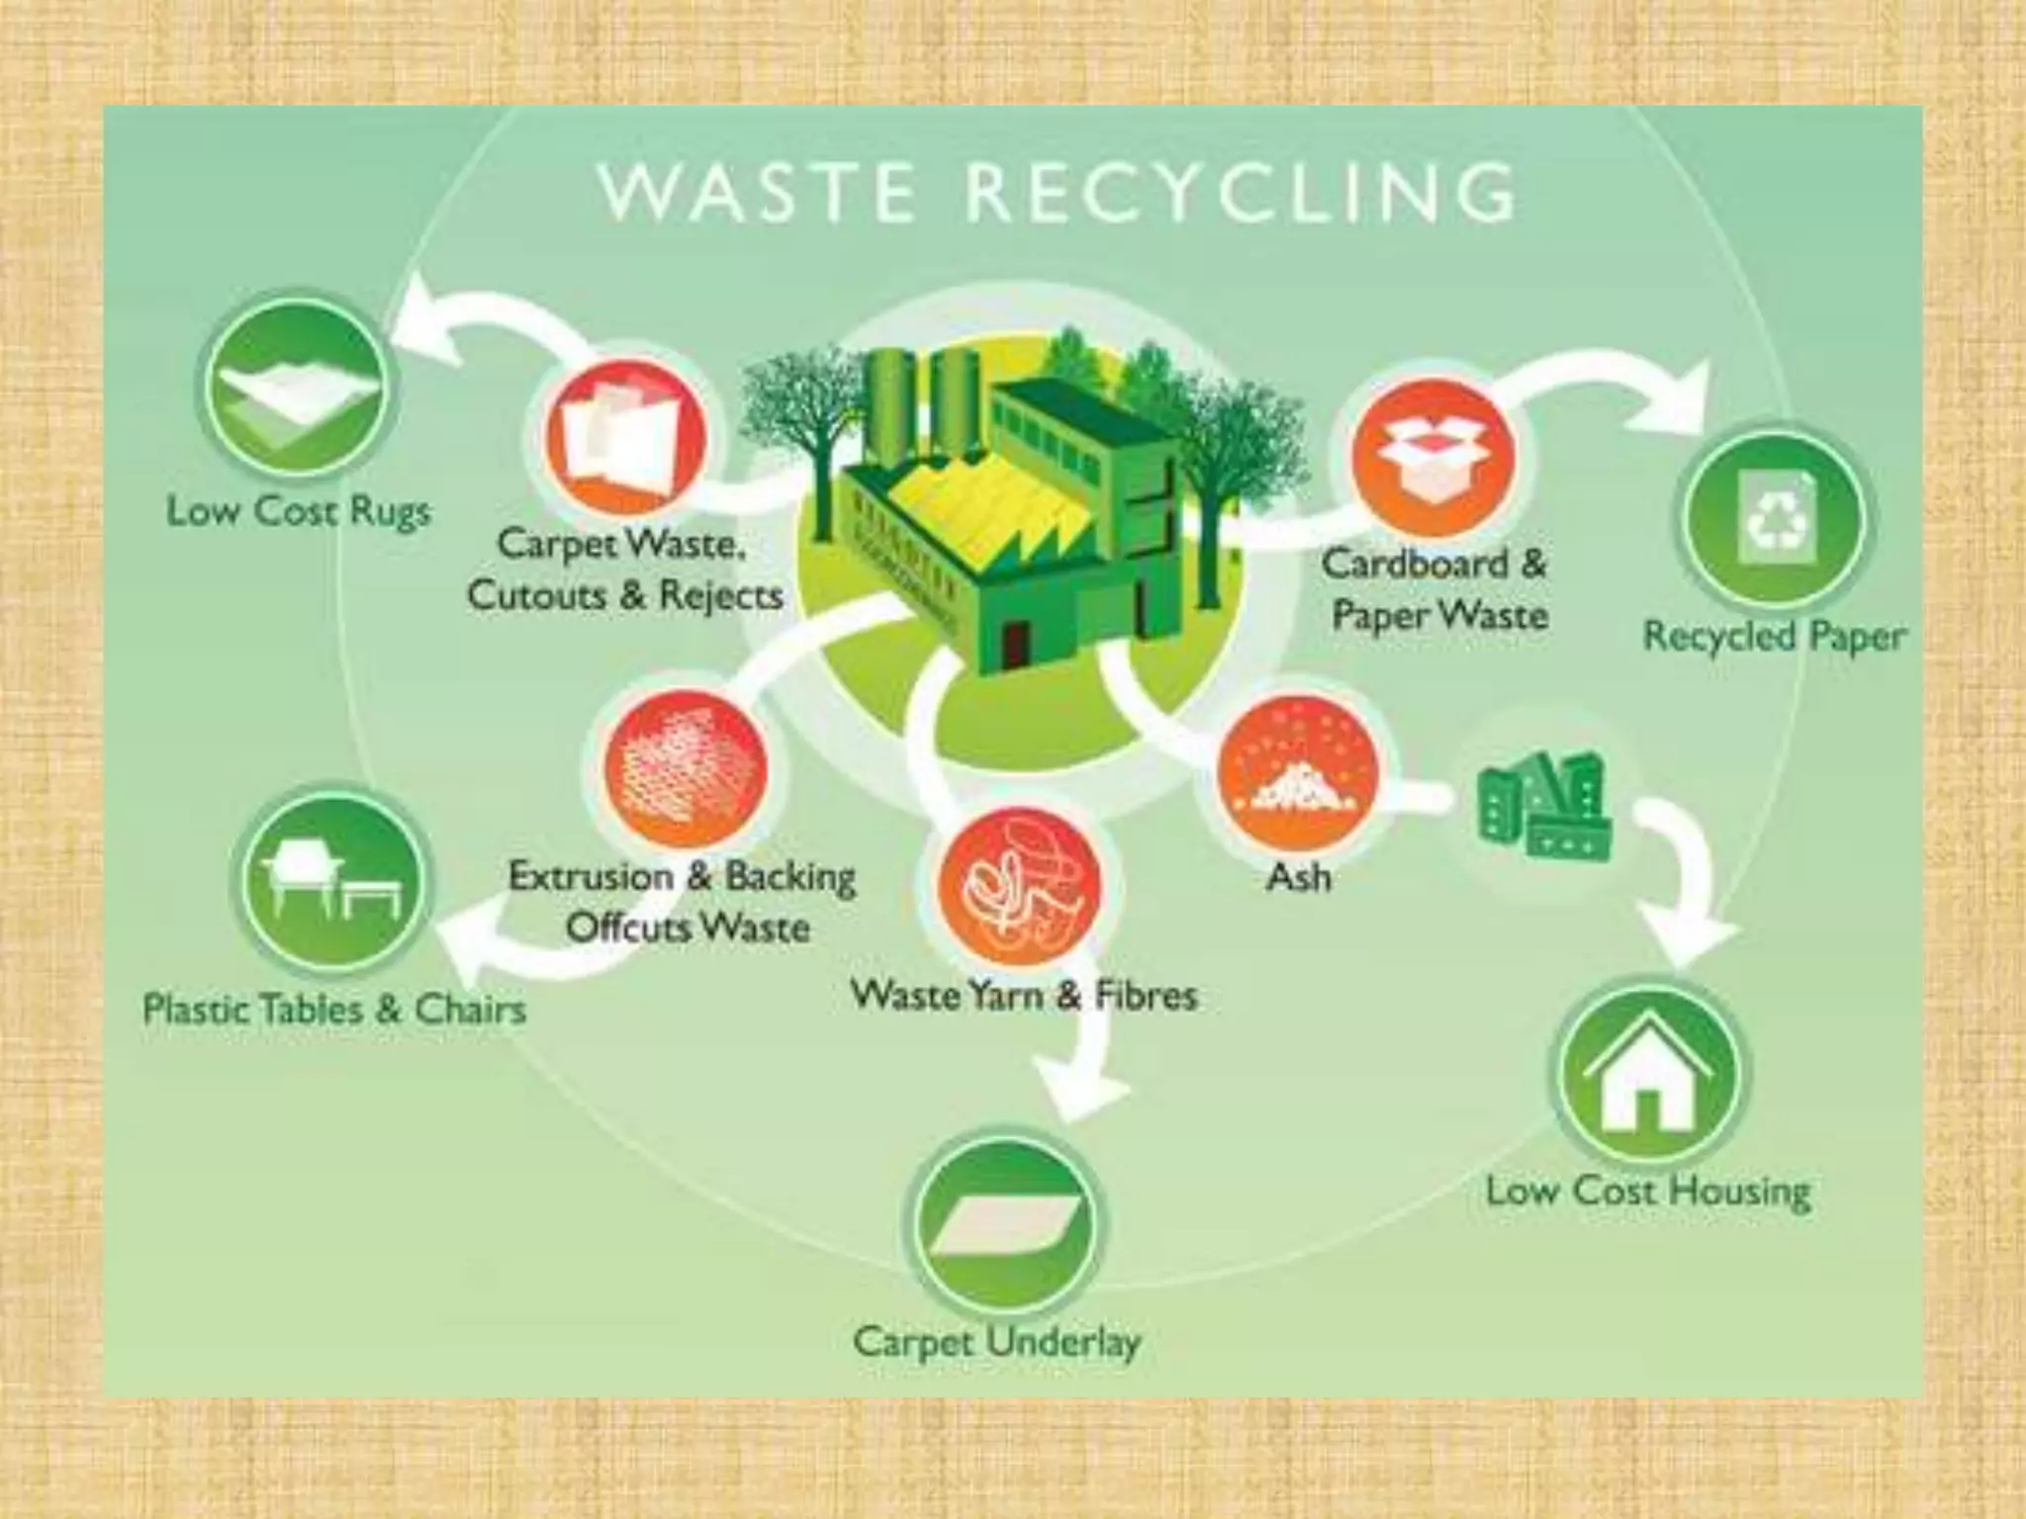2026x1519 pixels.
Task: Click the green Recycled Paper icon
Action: point(1774,519)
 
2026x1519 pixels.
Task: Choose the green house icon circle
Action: point(1648,1073)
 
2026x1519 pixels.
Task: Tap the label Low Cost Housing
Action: point(1648,1191)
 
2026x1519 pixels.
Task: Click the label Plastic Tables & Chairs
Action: point(334,1010)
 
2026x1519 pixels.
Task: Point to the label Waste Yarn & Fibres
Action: point(1024,995)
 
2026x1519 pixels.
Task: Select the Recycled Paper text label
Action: point(1774,636)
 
